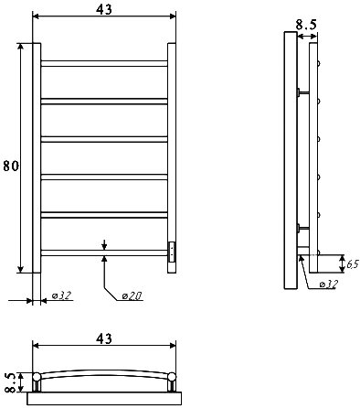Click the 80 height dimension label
(x=11, y=166)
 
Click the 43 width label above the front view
(x=104, y=9)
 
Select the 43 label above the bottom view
(x=104, y=338)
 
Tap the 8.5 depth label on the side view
(x=306, y=25)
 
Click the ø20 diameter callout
(x=132, y=295)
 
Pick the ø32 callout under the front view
(x=61, y=295)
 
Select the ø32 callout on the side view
(x=329, y=285)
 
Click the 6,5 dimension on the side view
(x=354, y=263)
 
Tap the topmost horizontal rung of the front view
(x=104, y=63)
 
